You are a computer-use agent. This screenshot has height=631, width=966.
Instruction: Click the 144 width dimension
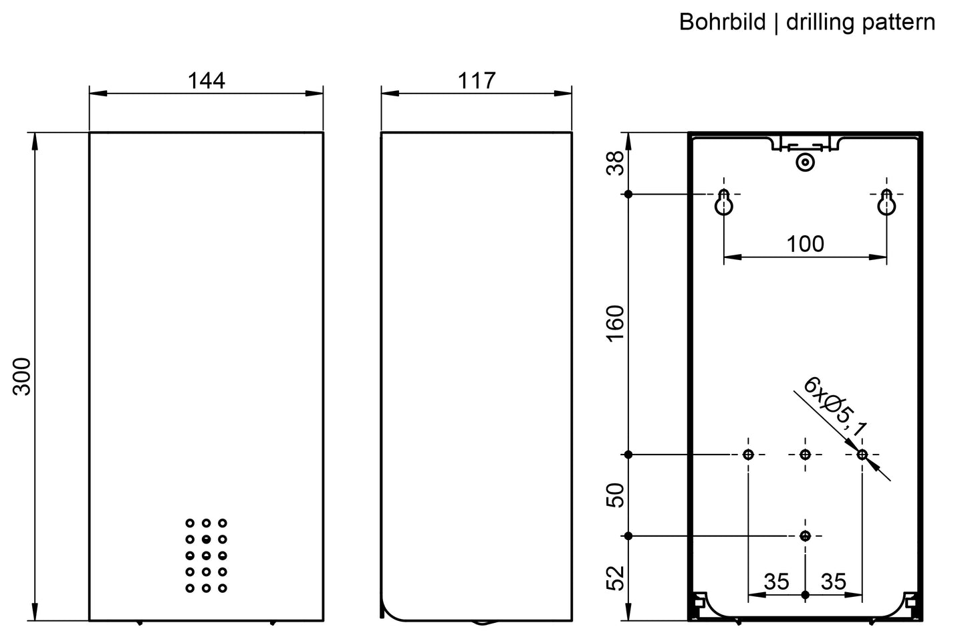coord(206,81)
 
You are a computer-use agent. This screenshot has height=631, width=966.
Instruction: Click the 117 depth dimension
coord(477,81)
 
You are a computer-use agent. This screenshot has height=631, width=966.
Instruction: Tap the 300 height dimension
coord(21,376)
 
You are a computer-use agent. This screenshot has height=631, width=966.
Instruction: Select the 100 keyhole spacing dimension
coord(805,244)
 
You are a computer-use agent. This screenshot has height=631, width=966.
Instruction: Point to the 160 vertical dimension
coord(616,324)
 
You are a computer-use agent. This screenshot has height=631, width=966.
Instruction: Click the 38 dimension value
coord(616,163)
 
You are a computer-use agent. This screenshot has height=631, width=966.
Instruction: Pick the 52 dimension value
coord(616,578)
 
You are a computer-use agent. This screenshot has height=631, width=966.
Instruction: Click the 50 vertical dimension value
coord(616,495)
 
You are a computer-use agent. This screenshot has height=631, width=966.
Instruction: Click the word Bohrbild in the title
coord(723,21)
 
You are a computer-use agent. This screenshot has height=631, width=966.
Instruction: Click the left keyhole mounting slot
coord(723,203)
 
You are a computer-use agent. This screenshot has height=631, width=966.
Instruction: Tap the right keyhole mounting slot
coord(886,203)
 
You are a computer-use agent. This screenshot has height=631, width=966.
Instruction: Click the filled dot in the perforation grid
coord(206,539)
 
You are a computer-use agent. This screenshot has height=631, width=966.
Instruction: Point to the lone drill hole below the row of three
coord(805,535)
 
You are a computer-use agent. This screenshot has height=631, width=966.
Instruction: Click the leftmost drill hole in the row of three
coord(748,454)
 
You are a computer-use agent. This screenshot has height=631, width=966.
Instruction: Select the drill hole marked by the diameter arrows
coord(862,454)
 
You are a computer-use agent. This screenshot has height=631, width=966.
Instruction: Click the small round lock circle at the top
coord(805,162)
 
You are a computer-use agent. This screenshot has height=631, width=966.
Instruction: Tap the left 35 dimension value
coord(777,582)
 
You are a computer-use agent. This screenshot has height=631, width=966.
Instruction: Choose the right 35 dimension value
coord(833,582)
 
